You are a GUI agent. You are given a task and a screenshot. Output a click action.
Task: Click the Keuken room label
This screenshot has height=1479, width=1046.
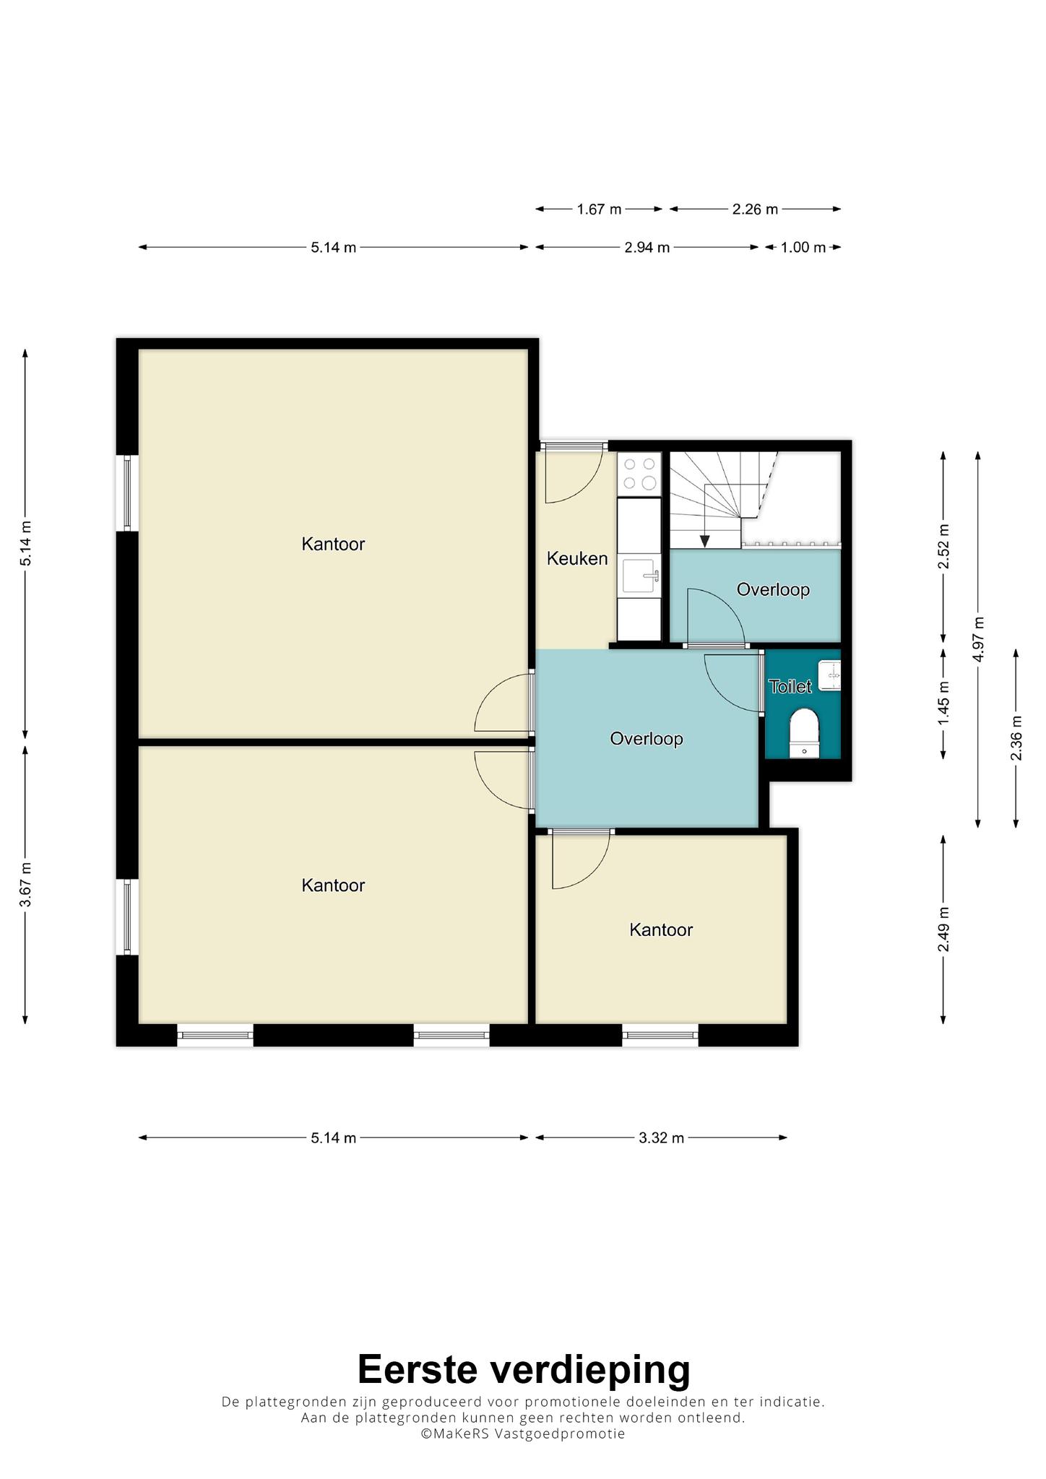[577, 558]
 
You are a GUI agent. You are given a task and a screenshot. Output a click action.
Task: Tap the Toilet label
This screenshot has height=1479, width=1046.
[790, 686]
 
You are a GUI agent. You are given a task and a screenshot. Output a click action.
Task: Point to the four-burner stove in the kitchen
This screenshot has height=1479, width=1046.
[639, 474]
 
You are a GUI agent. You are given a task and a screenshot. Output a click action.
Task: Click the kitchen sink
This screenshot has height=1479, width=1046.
[639, 576]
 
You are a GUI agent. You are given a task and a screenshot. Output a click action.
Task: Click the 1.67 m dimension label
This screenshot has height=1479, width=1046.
[599, 209]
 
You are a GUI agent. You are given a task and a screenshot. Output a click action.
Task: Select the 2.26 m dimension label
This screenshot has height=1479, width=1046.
[755, 209]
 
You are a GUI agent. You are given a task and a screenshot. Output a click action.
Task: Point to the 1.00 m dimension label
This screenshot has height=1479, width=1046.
[803, 248]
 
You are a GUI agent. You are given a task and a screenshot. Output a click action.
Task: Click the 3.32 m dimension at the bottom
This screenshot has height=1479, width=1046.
[661, 1138]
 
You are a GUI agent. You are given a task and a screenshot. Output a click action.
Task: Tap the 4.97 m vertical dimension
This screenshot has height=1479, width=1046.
[979, 639]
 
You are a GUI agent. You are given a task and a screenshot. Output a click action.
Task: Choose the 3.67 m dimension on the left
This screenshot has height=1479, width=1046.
[25, 885]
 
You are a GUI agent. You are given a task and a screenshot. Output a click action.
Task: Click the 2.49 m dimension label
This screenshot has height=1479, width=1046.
[943, 929]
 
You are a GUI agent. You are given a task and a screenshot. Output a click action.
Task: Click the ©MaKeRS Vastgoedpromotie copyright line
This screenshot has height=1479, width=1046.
[523, 1434]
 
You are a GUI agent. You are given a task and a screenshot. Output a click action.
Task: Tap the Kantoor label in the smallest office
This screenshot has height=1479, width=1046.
[661, 930]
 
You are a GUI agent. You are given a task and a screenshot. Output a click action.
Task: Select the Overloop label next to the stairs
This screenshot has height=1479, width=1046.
[773, 590]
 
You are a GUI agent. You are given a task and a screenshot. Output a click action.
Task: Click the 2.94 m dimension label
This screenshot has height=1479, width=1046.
[647, 248]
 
